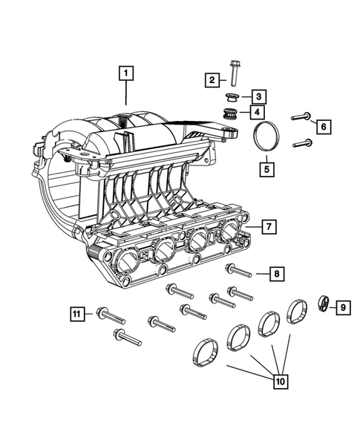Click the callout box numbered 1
[x=127, y=73]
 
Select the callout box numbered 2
[x=212, y=79]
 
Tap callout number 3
[x=258, y=96]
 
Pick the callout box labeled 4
[x=258, y=113]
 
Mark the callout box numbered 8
[x=275, y=275]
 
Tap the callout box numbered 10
[x=280, y=383]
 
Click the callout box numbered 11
[x=78, y=314]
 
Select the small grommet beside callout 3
[x=232, y=97]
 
